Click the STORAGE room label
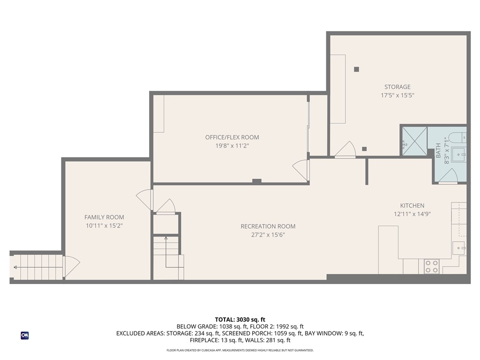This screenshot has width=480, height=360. [397, 87]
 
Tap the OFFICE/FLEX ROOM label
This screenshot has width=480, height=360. [232, 137]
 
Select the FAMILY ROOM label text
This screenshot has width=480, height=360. [104, 217]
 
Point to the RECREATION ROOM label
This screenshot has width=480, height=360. [268, 226]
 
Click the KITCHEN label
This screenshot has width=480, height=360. [412, 205]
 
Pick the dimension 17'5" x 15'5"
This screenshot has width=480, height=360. [397, 95]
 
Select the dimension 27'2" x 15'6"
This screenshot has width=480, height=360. [268, 235]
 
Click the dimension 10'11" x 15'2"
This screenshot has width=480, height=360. [104, 225]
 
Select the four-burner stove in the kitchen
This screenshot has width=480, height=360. [431, 266]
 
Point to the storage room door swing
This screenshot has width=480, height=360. [346, 150]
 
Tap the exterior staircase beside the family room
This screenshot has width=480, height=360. [37, 267]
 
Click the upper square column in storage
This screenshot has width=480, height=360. [356, 69]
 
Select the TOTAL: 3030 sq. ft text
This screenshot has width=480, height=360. [240, 319]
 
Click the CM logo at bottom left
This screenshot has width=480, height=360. [24, 335]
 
